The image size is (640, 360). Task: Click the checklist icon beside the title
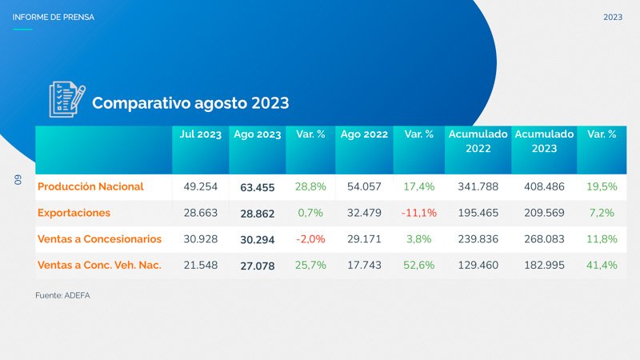[66, 100]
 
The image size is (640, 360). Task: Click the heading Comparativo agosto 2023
[190, 103]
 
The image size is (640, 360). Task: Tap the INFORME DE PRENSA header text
[53, 17]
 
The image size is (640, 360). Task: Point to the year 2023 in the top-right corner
[613, 17]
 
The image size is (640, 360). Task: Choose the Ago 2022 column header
[364, 134]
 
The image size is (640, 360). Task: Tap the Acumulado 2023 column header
[544, 142]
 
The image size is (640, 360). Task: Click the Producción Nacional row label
[90, 186]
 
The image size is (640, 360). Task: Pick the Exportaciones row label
[74, 213]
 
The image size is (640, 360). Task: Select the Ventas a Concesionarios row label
[99, 239]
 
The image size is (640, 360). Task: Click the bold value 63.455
[258, 187]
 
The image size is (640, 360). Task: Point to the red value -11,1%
[418, 214]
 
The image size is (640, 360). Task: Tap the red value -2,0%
[310, 239]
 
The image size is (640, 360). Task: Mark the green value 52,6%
[418, 266]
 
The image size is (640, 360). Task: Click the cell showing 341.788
[478, 186]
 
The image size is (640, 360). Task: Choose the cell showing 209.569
[544, 213]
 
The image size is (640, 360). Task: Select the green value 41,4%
[602, 266]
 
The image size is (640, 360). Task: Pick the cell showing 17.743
[364, 266]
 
